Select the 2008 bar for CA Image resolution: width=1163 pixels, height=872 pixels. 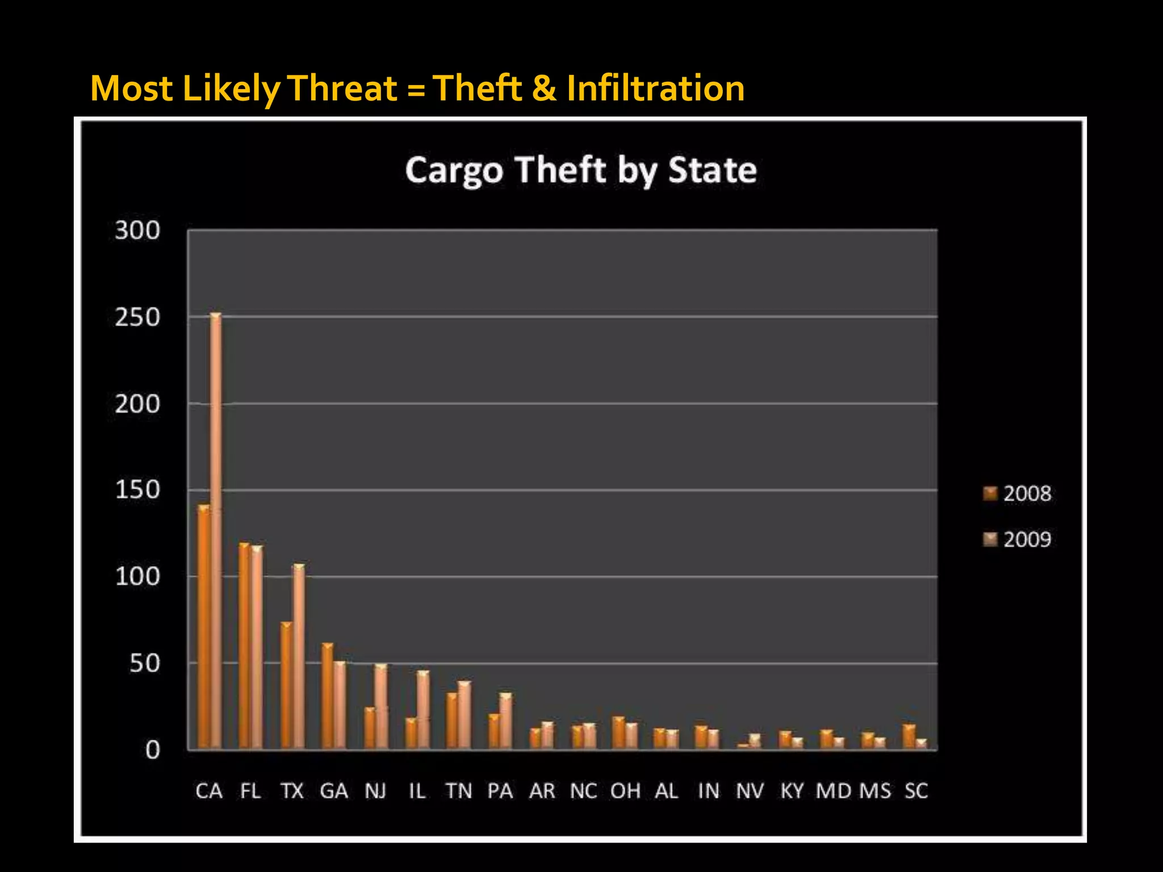pos(203,627)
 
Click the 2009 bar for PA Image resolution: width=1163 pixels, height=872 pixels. pos(505,720)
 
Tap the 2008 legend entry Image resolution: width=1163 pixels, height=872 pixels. pos(1018,493)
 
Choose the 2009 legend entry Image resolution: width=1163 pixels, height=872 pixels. pos(1018,539)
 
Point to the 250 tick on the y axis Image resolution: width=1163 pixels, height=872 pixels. pos(137,317)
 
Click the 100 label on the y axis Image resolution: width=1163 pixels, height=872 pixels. pos(137,577)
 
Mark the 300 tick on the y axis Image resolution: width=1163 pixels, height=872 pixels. pos(137,230)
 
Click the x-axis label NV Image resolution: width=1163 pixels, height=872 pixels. pos(750,791)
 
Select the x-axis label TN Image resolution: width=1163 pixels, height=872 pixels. pos(458,791)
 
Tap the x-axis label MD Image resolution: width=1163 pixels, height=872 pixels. pos(833,791)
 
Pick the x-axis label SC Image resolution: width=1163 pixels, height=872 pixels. pos(916,791)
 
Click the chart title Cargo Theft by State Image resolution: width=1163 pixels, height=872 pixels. pos(581,170)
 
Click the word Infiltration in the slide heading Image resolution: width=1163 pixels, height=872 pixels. pos(655,89)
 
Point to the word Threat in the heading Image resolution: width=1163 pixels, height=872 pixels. pos(344,89)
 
